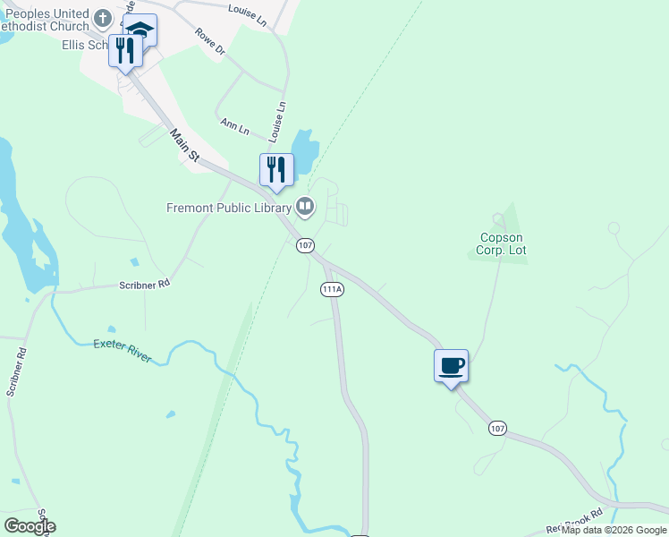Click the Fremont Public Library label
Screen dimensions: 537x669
tap(229, 208)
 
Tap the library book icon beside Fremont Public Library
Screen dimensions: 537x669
tap(305, 208)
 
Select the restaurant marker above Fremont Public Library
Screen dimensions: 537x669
tap(276, 169)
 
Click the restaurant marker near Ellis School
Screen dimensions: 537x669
tap(126, 50)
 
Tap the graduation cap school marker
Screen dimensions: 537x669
tap(140, 30)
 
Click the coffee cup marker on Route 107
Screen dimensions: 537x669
tap(451, 365)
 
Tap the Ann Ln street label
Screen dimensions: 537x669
tap(234, 128)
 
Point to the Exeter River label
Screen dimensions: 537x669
tap(123, 350)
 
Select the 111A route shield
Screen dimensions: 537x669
tap(331, 289)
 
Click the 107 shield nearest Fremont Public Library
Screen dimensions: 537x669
tap(306, 244)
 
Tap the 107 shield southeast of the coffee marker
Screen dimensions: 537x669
tap(498, 429)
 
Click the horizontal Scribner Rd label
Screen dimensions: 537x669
tap(144, 285)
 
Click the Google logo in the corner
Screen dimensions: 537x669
tap(29, 526)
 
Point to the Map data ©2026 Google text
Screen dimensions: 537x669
tap(614, 530)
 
